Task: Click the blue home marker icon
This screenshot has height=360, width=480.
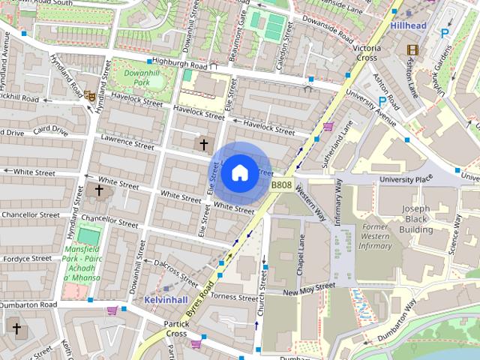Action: click(x=238, y=172)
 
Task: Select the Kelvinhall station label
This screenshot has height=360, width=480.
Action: click(x=166, y=299)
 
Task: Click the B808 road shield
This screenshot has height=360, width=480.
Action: click(x=281, y=184)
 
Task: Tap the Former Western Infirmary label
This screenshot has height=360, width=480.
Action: click(x=374, y=235)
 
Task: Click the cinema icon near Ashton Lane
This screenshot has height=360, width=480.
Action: click(x=412, y=49)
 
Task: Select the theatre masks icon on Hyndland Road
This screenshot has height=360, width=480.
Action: click(x=89, y=96)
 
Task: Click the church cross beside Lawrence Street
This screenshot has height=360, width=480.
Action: click(x=202, y=143)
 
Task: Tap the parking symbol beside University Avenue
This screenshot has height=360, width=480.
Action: click(x=383, y=101)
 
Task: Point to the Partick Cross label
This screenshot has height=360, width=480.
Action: click(x=176, y=328)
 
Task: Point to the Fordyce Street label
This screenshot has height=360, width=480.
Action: click(x=25, y=258)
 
